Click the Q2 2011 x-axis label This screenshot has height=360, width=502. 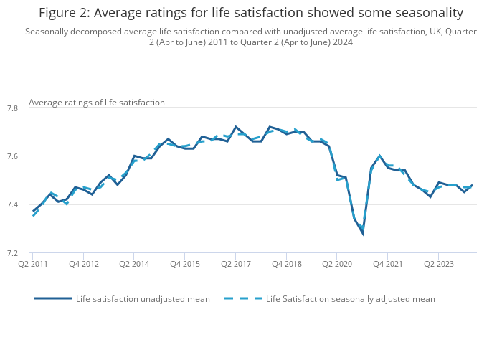(x=33, y=264)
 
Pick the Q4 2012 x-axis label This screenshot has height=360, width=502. (x=83, y=264)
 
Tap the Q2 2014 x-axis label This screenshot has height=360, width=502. (x=134, y=264)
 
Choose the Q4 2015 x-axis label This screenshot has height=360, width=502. (x=185, y=264)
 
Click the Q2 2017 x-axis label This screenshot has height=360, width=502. (x=235, y=264)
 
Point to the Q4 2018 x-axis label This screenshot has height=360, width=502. (x=286, y=264)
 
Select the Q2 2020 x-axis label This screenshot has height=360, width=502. (x=337, y=264)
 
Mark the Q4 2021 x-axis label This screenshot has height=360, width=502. (x=387, y=264)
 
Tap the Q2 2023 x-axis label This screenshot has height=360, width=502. (x=438, y=264)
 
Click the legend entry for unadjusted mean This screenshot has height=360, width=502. (x=143, y=299)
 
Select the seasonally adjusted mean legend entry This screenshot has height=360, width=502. (x=350, y=299)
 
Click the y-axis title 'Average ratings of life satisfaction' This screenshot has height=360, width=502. (x=97, y=103)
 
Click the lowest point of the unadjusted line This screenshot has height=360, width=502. (x=362, y=233)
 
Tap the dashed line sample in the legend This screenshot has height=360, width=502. (x=243, y=299)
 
